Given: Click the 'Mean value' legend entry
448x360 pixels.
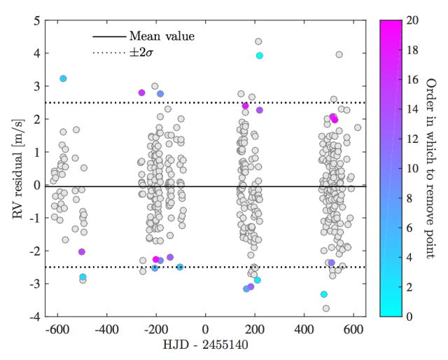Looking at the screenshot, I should click(162, 36).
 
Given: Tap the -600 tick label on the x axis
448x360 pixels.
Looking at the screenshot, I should click(56, 329).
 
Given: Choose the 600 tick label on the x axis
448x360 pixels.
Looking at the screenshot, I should click(353, 329).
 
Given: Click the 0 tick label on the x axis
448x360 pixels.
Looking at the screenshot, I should click(205, 329).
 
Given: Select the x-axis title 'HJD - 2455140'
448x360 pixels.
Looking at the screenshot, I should click(205, 346).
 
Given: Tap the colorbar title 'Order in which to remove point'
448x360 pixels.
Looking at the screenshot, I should click(430, 168).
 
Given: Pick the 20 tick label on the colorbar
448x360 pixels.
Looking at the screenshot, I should click(412, 21).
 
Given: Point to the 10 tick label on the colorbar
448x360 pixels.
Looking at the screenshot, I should click(412, 169).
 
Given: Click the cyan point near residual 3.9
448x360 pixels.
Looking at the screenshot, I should click(260, 55).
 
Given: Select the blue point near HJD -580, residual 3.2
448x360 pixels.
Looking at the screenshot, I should click(63, 78).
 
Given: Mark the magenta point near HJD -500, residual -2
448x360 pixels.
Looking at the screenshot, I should click(82, 251).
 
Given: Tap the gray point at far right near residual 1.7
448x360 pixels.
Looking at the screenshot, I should click(358, 127).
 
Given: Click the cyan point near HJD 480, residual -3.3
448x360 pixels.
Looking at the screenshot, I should click(324, 294).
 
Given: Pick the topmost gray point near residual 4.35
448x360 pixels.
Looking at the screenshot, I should click(258, 41).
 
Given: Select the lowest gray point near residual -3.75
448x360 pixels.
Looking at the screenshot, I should click(326, 308).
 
